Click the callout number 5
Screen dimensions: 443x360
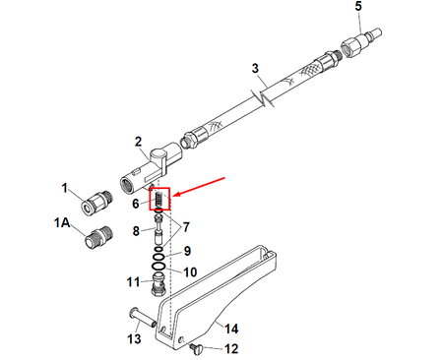(x=358, y=6)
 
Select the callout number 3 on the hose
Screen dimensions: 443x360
(x=255, y=68)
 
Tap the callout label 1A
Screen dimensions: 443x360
(x=62, y=223)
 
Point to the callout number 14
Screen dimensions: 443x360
(x=231, y=329)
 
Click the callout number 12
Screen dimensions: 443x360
(x=231, y=349)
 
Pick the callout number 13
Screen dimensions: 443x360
(x=134, y=339)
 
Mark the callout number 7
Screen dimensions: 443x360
(x=186, y=227)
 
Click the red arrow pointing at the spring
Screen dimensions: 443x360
(x=199, y=187)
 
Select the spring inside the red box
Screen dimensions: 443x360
(x=158, y=199)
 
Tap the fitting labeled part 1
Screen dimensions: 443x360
(x=96, y=203)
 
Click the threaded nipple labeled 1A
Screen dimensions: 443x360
(x=99, y=237)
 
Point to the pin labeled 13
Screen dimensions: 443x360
(x=143, y=317)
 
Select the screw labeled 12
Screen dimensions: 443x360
(x=197, y=348)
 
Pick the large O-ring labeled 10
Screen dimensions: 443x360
(x=159, y=266)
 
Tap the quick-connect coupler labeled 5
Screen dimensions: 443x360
(x=360, y=42)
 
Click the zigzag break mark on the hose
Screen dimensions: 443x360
(x=264, y=97)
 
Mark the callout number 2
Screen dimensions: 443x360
(x=138, y=142)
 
